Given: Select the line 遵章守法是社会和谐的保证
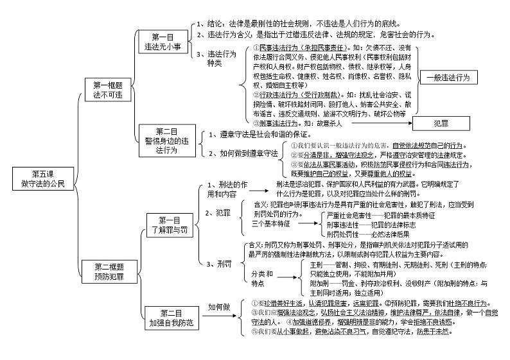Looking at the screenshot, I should pos(260,135).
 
